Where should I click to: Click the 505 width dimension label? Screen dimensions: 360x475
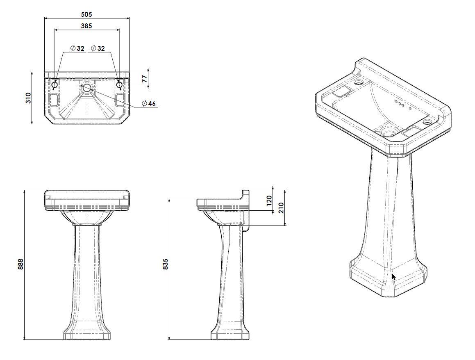pos(86,14)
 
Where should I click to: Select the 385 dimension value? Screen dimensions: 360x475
pos(86,25)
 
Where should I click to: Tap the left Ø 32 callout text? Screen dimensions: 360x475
pos(77,48)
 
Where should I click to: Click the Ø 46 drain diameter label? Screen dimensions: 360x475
pos(149,103)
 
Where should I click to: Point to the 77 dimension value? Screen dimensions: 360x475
pos(144,79)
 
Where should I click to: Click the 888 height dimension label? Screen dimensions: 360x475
pos(20,264)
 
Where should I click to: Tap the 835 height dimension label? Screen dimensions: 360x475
pos(166,264)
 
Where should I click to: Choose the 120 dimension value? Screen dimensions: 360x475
pos(269,201)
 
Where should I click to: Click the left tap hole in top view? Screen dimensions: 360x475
pos(55,84)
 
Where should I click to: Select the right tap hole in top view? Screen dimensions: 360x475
pos(120,84)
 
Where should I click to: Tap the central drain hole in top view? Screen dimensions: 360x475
pos(87,88)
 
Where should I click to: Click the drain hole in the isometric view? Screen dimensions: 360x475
pos(387,132)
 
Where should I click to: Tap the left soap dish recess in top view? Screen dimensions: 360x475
pos(53,99)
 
